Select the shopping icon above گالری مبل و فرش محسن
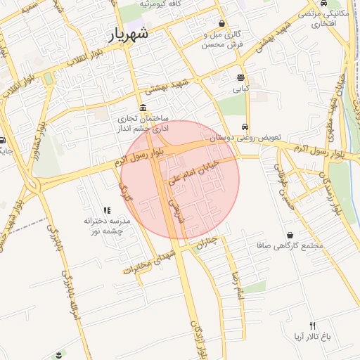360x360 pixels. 222,23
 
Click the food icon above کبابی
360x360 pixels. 241,77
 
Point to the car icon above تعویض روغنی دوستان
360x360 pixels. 244,127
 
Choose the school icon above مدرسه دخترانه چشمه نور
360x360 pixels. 107,210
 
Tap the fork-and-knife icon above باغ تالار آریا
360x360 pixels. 312,325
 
